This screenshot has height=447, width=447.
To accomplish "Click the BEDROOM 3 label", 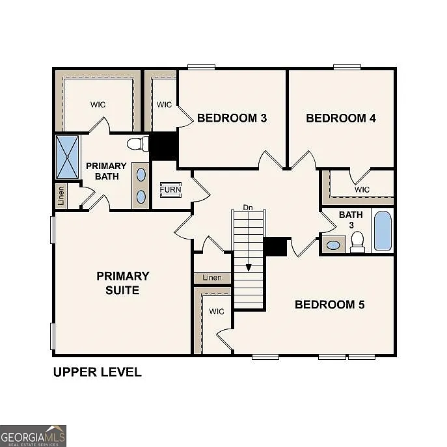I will [232, 118].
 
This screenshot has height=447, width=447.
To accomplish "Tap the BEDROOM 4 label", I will [341, 118].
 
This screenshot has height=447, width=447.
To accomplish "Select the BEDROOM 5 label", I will [330, 304].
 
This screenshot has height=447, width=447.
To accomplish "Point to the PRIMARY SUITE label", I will [123, 283].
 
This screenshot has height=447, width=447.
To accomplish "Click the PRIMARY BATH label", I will [106, 171].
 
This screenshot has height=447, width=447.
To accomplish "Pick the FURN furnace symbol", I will [170, 190].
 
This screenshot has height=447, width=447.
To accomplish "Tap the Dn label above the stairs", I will [248, 207].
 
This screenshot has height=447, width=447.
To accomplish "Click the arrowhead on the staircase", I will [248, 267].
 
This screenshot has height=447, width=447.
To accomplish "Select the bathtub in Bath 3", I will [383, 231].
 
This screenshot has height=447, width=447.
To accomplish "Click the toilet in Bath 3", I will [357, 243].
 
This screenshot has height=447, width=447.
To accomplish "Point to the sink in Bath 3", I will [333, 245].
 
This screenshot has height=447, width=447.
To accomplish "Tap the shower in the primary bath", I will [67, 157].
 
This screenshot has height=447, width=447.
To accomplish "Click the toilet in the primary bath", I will [136, 143].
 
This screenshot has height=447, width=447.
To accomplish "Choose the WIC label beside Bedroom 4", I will [362, 189].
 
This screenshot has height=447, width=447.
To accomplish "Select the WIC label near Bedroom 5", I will [216, 312].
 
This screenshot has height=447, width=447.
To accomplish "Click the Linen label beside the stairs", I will [212, 278].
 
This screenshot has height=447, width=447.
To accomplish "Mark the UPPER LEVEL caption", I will [97, 372].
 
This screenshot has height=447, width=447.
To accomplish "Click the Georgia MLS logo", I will [33, 436].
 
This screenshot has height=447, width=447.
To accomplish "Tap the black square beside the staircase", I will [276, 247].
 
